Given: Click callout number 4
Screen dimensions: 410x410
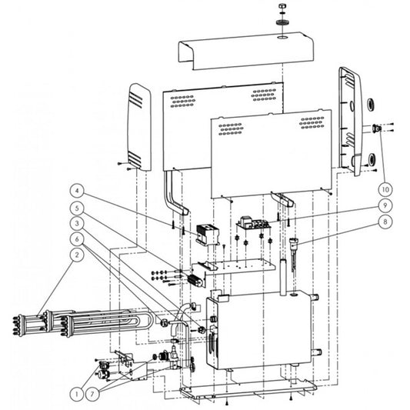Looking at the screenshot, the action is coord(77,191).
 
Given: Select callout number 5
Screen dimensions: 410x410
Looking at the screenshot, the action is coord(77,208).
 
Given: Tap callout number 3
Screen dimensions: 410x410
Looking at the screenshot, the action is coord(77,223).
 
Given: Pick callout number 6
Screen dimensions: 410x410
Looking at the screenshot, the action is coord(77,239).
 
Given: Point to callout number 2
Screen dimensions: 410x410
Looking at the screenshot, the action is coord(77,255).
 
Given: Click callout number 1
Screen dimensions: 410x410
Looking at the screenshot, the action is coord(77,394).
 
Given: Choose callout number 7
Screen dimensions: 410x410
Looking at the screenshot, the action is coord(92,394).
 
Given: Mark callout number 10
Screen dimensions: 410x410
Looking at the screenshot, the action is coord(385,189).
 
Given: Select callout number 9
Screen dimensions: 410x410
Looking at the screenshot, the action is coord(385,205).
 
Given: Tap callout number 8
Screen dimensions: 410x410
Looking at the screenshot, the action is coord(385,222).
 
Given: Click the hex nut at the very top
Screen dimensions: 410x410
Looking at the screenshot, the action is coord(282,6).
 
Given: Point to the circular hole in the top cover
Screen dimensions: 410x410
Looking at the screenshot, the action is coord(282,38).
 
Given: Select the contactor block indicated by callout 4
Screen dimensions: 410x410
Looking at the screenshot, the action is coord(206,234).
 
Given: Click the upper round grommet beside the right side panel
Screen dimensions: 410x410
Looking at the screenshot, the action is coord(371,104).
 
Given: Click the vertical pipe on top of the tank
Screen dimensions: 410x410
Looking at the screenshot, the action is coord(283,277).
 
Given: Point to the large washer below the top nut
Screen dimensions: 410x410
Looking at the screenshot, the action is coord(282,22).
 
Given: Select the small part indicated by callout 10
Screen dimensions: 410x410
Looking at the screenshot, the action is coord(376,128).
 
